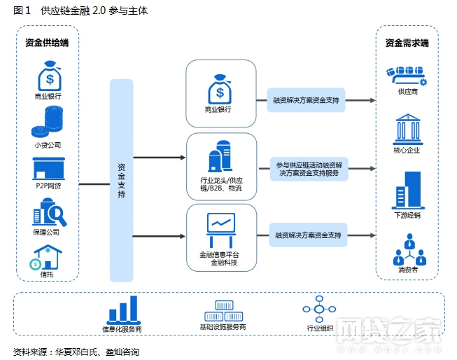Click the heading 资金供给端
[46, 43]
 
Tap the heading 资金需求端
[407, 43]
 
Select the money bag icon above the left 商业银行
[48, 76]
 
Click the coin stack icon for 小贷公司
[48, 123]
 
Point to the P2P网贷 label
[48, 186]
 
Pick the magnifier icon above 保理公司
[49, 213]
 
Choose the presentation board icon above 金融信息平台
[221, 226]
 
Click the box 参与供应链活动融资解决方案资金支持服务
[309, 168]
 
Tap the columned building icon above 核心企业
[407, 129]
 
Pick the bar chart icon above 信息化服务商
[122, 308]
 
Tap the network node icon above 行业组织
[321, 309]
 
